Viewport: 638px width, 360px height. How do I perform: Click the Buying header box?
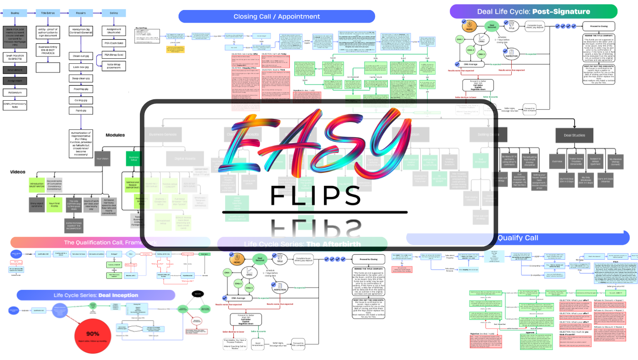[x=15, y=13]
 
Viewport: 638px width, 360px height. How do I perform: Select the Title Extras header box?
[x=48, y=13]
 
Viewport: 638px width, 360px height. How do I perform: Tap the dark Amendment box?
[x=15, y=70]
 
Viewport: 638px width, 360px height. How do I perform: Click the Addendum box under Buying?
[x=15, y=92]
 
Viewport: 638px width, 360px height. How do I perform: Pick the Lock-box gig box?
[x=81, y=67]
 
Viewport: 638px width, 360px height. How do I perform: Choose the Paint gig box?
[x=81, y=111]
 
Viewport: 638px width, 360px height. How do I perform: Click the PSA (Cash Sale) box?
[x=113, y=43]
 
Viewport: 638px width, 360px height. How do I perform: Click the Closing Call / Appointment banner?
[x=277, y=16]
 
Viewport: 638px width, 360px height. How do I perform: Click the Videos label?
[x=18, y=172]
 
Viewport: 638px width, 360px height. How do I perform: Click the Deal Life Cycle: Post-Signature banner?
[x=533, y=12]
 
